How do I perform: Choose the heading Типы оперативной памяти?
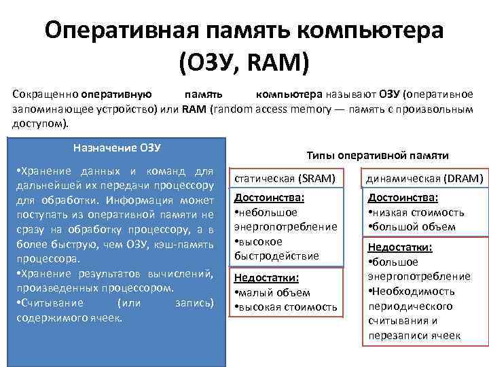tap(378, 155)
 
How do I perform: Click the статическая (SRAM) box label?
tap(285, 179)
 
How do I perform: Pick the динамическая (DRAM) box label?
tap(424, 179)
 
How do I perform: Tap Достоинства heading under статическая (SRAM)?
tap(269, 198)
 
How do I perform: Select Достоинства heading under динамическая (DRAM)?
tap(403, 198)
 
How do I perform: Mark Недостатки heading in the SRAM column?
tap(267, 278)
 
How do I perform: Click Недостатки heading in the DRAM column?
tap(401, 247)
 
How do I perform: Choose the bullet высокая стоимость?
tap(287, 307)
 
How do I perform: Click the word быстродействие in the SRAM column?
tap(276, 256)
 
